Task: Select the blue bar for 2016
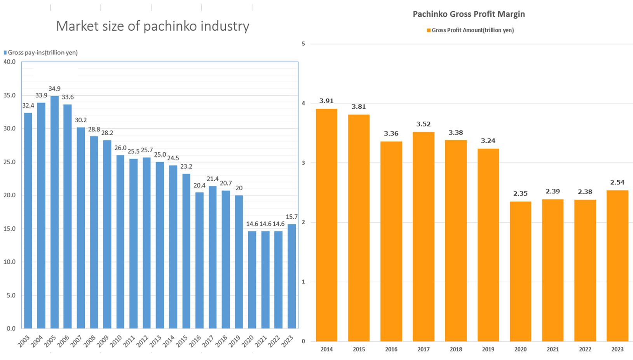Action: pos(199,260)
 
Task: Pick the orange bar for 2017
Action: pos(423,237)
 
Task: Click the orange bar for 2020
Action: pos(520,271)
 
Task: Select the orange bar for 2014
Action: pos(326,225)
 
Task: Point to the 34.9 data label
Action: pos(54,89)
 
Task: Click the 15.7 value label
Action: pos(291,217)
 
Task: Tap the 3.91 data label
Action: pos(326,101)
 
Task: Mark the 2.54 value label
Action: pos(617,183)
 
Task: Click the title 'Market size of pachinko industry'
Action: pos(152,26)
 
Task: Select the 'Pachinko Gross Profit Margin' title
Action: pos(469,14)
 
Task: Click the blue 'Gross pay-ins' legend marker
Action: pos(5,52)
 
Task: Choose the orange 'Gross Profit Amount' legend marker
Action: pos(429,30)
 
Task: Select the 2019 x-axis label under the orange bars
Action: pos(488,349)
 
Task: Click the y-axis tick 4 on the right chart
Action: pos(303,103)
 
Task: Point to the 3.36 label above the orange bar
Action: pos(391,134)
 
